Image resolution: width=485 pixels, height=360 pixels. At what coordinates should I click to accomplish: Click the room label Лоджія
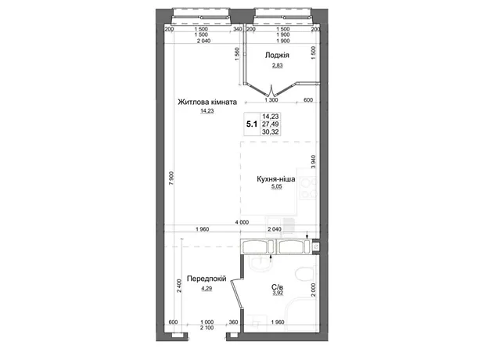[x=277, y=55]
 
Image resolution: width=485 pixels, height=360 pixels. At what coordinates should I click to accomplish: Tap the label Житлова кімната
[x=207, y=102]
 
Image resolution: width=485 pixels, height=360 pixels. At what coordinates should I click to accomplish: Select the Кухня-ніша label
[x=276, y=179]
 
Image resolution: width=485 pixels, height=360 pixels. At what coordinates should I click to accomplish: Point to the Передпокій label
[x=207, y=279]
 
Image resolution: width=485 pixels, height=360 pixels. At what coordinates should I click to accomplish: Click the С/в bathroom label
[x=278, y=287]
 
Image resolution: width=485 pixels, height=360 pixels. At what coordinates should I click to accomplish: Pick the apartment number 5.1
[x=252, y=124]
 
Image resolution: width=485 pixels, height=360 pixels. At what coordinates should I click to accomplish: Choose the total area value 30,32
[x=271, y=131]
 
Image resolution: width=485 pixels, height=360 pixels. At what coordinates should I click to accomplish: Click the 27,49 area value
[x=271, y=124]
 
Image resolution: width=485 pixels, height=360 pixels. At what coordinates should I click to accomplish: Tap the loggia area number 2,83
[x=278, y=65]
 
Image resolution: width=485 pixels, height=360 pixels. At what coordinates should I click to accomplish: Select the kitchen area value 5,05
[x=276, y=186]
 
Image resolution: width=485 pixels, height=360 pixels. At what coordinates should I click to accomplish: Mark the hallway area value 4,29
[x=207, y=289]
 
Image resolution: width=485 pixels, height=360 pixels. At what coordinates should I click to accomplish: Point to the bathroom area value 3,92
[x=278, y=293]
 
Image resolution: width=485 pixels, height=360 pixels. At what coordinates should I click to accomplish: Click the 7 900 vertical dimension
[x=171, y=178]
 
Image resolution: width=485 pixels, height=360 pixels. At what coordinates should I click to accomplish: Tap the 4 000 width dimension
[x=242, y=222]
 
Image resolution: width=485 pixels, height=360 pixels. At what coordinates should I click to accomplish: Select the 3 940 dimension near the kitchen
[x=314, y=161]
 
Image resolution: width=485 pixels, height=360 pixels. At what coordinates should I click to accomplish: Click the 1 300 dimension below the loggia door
[x=271, y=100]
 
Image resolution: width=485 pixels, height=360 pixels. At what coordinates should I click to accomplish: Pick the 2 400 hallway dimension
[x=179, y=286]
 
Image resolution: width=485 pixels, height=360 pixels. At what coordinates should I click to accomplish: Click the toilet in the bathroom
[x=305, y=274]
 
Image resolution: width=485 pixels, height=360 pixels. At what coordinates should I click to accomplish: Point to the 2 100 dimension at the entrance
[x=207, y=327]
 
